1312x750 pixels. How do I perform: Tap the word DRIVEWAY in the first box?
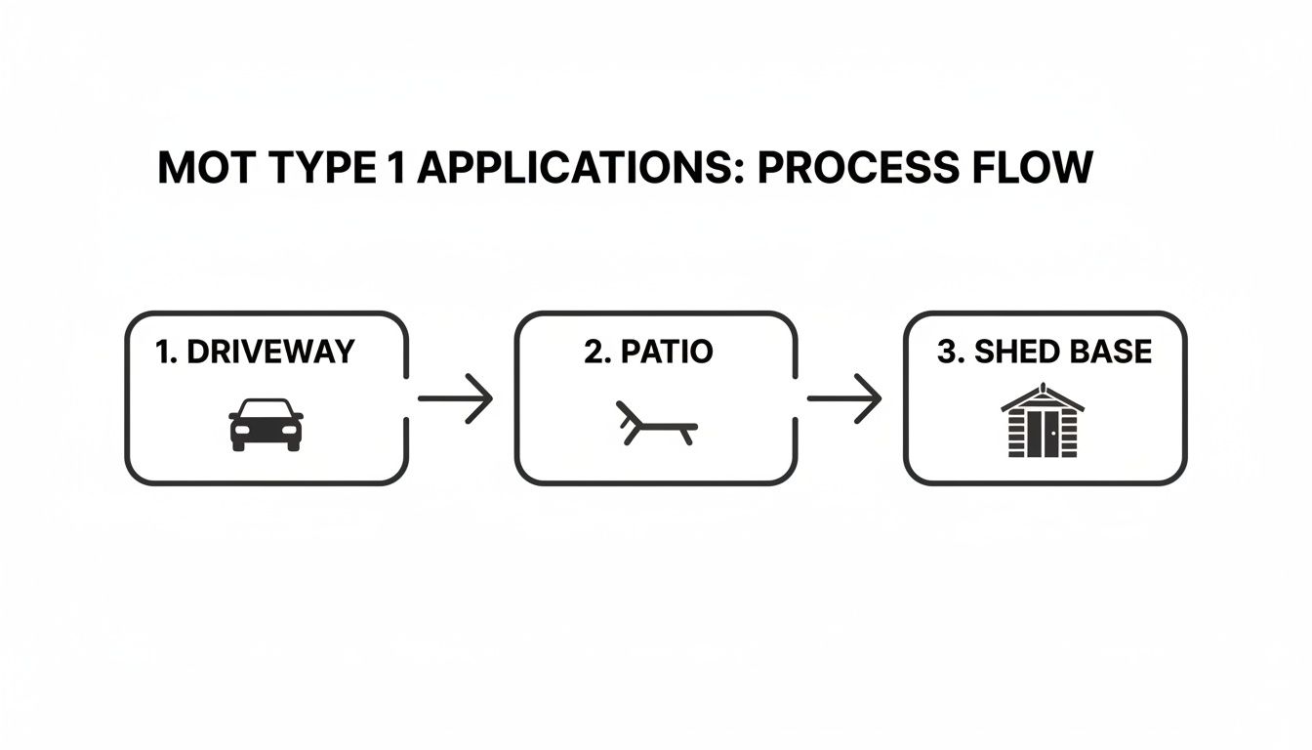point(270,353)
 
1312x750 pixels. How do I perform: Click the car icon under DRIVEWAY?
point(266,424)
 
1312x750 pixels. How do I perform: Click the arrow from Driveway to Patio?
point(455,398)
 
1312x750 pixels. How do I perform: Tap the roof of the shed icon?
point(1044,396)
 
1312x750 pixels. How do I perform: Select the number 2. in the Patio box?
point(596,353)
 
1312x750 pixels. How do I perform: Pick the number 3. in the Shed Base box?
point(948,353)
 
